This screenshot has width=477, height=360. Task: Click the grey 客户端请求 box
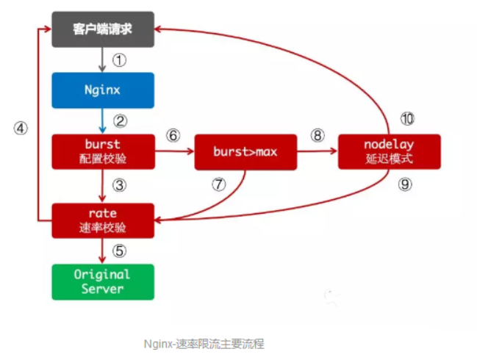pos(103,29)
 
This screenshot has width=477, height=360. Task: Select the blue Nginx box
pos(103,90)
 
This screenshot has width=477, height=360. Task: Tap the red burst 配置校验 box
pos(103,151)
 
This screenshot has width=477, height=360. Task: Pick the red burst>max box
pos(245,151)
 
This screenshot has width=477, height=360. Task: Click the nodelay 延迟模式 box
pos(390,151)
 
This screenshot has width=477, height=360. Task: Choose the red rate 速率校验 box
pos(103,220)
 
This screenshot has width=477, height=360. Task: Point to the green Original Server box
pos(103,281)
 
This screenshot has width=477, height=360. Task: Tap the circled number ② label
pos(120,120)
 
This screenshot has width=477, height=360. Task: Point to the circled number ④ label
pos(21,128)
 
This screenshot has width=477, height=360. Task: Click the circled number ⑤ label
pos(120,251)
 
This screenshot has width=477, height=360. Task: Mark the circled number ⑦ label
pos(218,184)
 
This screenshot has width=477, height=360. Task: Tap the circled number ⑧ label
pos(318,136)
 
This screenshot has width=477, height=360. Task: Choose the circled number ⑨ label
pos(405,184)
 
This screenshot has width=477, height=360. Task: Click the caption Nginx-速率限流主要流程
pos(204,343)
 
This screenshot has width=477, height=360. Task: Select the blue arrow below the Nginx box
pos(103,120)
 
